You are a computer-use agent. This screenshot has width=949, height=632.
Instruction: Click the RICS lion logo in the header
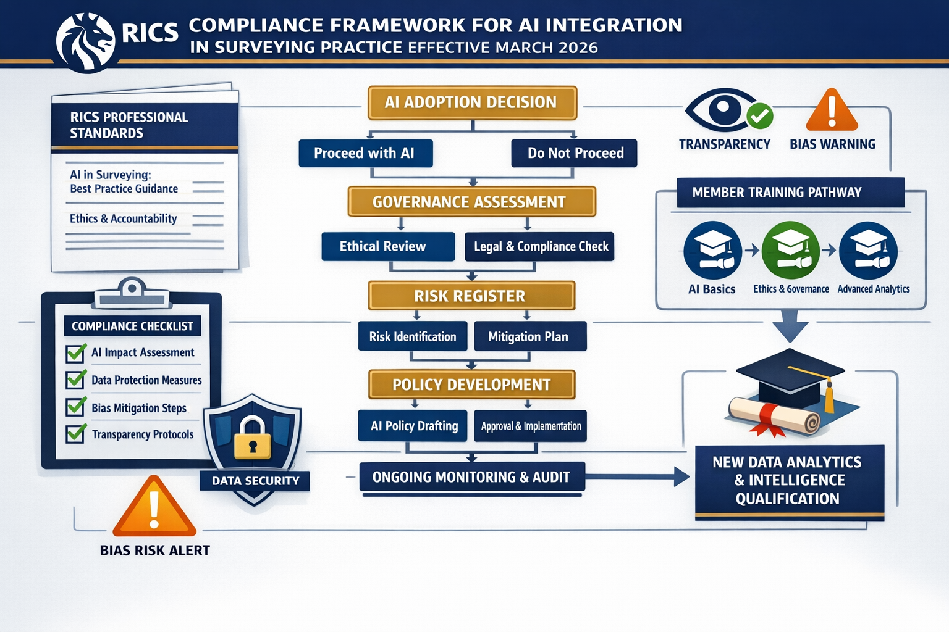click(85, 42)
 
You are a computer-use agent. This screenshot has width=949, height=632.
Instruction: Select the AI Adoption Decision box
click(472, 102)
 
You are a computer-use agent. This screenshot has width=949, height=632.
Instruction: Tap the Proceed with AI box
click(365, 153)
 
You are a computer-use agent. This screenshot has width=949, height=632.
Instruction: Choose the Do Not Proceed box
click(574, 153)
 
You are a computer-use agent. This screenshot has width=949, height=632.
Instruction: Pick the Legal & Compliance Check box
click(540, 246)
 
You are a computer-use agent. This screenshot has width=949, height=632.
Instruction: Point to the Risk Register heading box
click(471, 296)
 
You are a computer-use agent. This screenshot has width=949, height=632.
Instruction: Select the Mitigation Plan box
click(529, 336)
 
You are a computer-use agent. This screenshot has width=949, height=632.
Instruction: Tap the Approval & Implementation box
click(530, 426)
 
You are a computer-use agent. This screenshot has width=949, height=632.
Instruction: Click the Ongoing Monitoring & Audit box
click(472, 477)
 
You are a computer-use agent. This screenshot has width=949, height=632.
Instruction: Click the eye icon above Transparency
click(720, 110)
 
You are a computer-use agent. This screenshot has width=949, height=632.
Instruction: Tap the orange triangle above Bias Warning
click(832, 111)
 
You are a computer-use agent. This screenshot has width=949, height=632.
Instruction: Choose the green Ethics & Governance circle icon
click(790, 250)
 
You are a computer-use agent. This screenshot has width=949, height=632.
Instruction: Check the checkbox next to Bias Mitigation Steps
click(76, 406)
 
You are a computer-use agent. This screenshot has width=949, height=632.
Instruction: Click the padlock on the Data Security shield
click(252, 438)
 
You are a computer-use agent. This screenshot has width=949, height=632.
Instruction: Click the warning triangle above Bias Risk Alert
click(154, 508)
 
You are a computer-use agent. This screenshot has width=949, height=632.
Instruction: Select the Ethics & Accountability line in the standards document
click(124, 218)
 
